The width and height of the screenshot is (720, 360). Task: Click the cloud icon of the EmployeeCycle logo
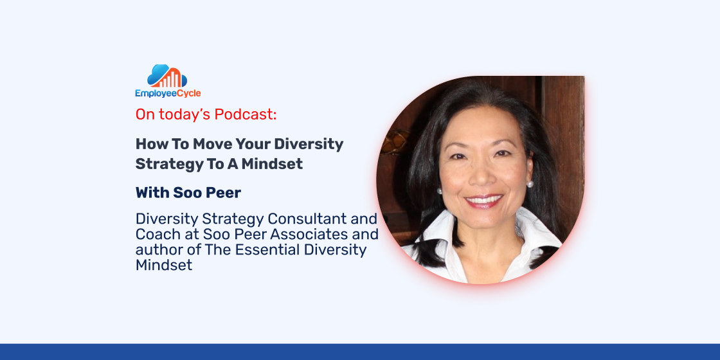tap(167, 76)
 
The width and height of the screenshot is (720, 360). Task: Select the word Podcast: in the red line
tap(246, 114)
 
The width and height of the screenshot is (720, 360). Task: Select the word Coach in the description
tap(154, 234)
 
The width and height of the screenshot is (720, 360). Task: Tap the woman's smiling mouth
tap(483, 201)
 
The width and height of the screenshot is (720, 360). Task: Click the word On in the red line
tap(146, 115)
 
